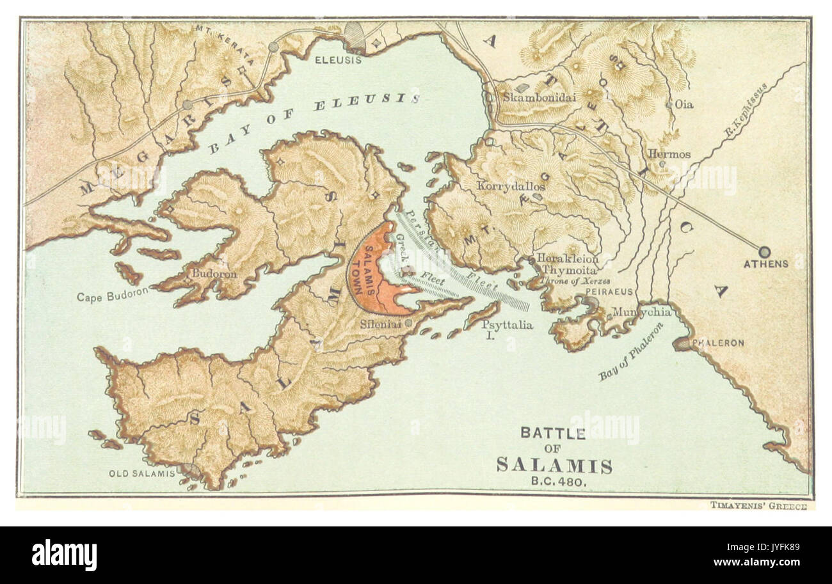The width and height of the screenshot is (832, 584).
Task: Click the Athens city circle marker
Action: pyautogui.click(x=764, y=251)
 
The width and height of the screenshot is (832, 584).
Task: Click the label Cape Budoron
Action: pyautogui.click(x=113, y=297)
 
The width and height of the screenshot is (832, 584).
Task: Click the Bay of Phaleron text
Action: pyautogui.click(x=631, y=352)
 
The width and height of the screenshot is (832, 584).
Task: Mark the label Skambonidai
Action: pyautogui.click(x=531, y=98)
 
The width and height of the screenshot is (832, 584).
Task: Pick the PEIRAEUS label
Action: pyautogui.click(x=609, y=292)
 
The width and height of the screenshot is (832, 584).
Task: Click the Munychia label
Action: pyautogui.click(x=642, y=312)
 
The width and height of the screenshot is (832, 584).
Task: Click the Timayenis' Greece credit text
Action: pyautogui.click(x=758, y=505)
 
